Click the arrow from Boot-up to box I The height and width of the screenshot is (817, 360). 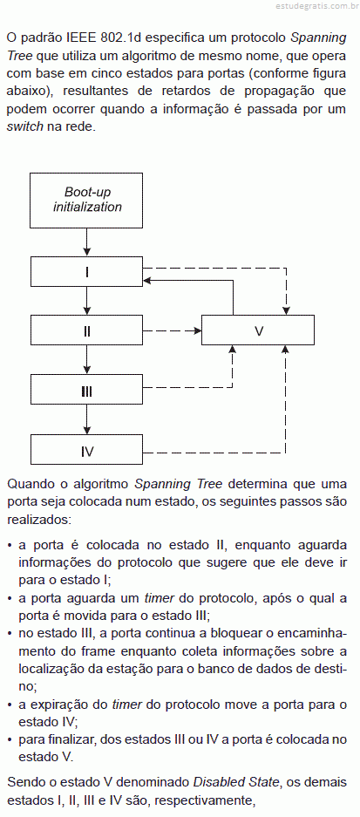click(x=87, y=242)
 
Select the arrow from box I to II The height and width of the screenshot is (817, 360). click(x=87, y=301)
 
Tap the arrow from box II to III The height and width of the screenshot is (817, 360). click(x=87, y=360)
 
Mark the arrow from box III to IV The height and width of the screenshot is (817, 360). click(x=87, y=419)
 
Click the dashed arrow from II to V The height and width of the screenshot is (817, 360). click(x=172, y=330)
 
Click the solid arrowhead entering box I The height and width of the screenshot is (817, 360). click(x=146, y=280)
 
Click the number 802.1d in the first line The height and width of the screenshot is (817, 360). click(x=124, y=38)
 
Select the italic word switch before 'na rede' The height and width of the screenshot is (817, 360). click(x=25, y=126)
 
